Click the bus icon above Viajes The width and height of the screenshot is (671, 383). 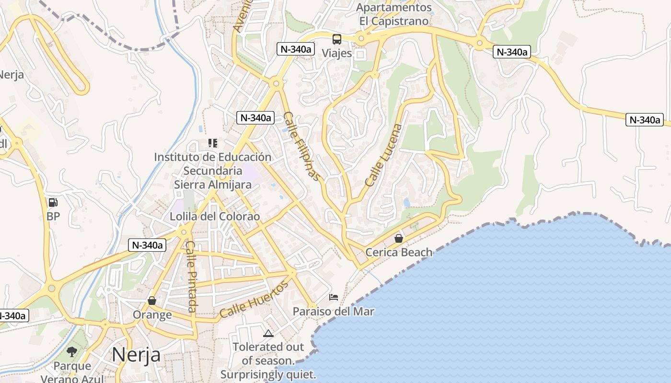(337, 39)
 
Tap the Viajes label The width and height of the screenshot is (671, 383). (337, 53)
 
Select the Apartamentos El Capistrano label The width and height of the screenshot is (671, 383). (394, 14)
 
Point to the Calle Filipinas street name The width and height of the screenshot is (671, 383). (301, 146)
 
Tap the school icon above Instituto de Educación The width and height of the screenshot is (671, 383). (213, 143)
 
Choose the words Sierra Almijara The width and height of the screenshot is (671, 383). (212, 185)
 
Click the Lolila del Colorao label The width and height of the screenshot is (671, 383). (215, 216)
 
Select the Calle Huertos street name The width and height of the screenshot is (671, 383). (254, 300)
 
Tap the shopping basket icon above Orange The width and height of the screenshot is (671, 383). (152, 301)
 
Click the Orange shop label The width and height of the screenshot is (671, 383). (152, 315)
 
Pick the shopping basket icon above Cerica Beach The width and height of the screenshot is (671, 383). (398, 238)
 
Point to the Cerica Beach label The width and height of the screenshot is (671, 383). (399, 252)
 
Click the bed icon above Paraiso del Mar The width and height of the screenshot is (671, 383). (334, 297)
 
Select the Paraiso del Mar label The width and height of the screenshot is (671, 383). (334, 311)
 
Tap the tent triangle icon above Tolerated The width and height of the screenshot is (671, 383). (268, 333)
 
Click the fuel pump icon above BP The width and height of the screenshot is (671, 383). (53, 202)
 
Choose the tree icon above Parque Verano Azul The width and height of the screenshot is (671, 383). (72, 352)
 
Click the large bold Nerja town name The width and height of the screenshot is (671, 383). (136, 355)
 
